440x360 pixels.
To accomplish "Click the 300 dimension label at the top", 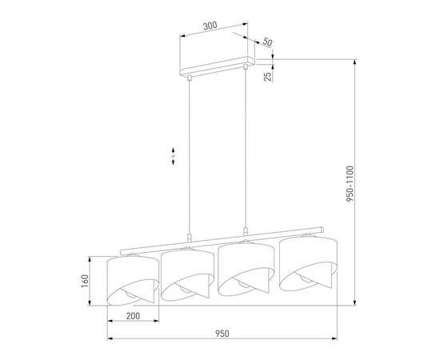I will [210, 26].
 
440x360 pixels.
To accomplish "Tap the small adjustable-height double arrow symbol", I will [174, 156].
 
